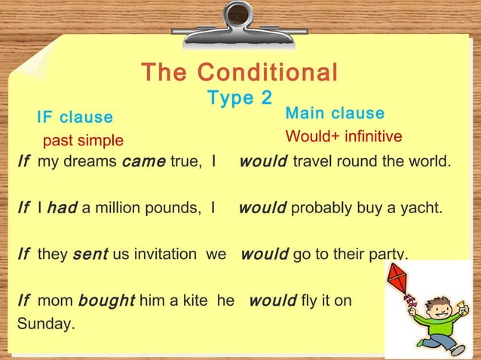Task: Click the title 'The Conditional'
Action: [240, 73]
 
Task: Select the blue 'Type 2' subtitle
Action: [240, 98]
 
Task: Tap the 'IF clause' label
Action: [75, 117]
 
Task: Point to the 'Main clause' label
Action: [335, 114]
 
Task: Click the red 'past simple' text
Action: [82, 141]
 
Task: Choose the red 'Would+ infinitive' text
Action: [343, 137]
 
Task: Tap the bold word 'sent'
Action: [90, 255]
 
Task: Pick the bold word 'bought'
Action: [106, 301]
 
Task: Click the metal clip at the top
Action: [240, 18]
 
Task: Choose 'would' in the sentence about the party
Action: [264, 255]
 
